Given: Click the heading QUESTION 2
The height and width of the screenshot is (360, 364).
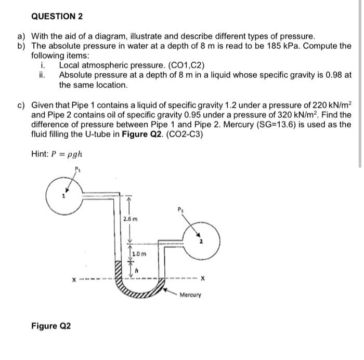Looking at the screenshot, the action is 57,16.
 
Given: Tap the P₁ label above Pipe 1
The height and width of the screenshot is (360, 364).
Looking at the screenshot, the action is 79,169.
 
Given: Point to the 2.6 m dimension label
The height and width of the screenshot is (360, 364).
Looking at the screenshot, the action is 130,220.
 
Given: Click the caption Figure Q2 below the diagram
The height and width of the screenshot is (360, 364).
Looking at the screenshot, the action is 51,326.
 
